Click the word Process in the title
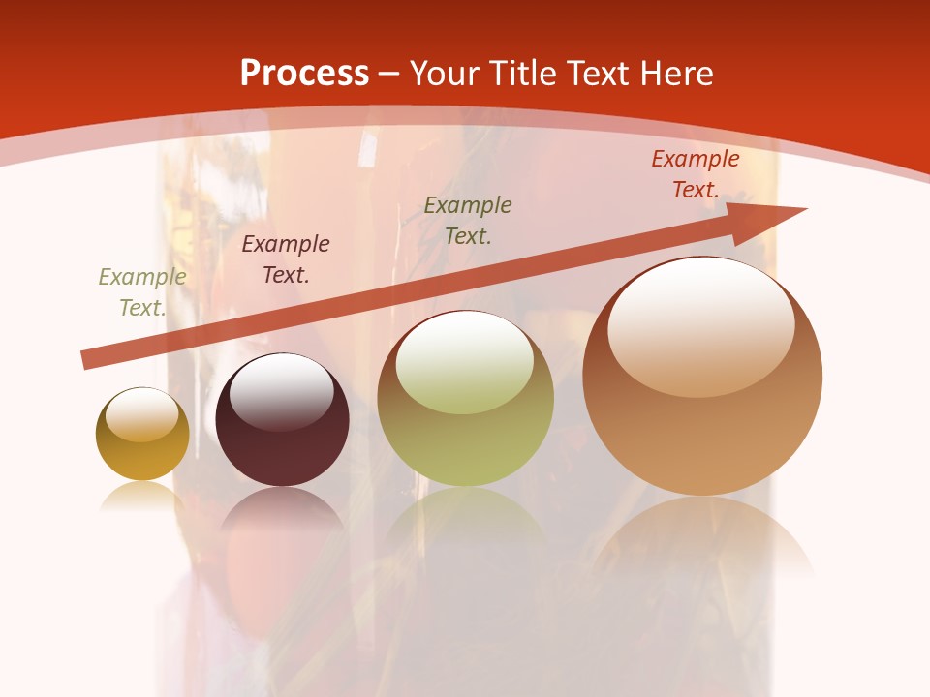click(x=304, y=74)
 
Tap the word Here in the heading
click(x=673, y=74)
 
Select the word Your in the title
click(x=445, y=74)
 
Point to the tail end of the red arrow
click(x=87, y=360)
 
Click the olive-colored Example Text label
click(x=142, y=292)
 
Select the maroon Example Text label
click(x=286, y=259)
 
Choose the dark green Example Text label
click(x=468, y=220)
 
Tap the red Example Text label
click(x=695, y=174)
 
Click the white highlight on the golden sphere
click(x=141, y=414)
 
